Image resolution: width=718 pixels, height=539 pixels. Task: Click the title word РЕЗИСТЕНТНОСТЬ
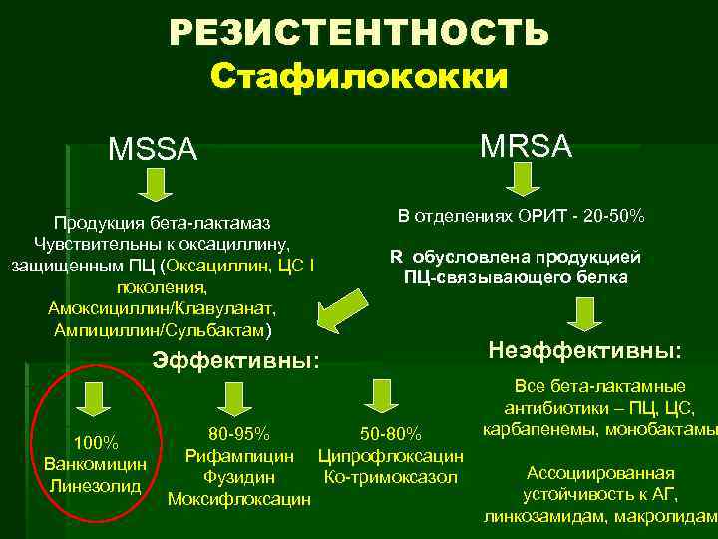coord(358,33)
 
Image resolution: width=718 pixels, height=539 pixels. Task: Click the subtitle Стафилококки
coord(359,77)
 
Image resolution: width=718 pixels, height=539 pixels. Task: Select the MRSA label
coord(526,146)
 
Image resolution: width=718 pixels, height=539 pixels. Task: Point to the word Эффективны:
coord(235,360)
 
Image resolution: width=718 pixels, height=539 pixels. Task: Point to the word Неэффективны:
coord(585,351)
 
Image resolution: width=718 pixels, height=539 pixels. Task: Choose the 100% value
coord(96,443)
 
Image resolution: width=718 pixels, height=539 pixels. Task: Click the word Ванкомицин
coord(96,464)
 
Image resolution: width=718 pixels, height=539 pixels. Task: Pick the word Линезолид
coord(96,485)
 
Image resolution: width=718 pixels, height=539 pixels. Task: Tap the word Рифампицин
coord(239,456)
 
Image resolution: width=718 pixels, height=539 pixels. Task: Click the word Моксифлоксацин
coord(239,498)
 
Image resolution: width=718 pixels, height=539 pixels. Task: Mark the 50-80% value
coord(391,434)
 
